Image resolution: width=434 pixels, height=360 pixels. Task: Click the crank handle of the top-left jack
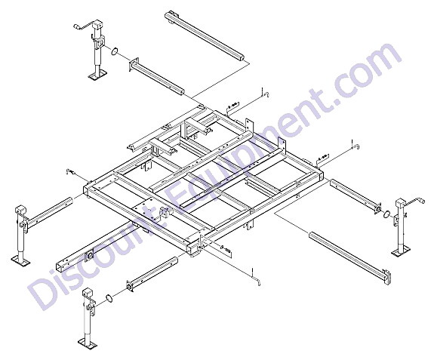pyautogui.click(x=83, y=26)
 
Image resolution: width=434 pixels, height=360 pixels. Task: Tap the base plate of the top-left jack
pyautogui.click(x=97, y=75)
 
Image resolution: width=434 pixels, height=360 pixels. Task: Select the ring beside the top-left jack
pyautogui.click(x=114, y=51)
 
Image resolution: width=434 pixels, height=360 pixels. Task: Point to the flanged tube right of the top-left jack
pyautogui.click(x=156, y=77)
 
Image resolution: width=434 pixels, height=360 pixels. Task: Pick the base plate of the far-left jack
pyautogui.click(x=21, y=260)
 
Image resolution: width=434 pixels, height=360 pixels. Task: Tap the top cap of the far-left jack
pyautogui.click(x=20, y=210)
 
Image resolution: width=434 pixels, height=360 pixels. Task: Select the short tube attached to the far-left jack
pyautogui.click(x=50, y=213)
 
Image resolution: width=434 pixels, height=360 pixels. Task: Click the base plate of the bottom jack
pyautogui.click(x=88, y=343)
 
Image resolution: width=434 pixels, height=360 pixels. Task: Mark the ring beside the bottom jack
pyautogui.click(x=109, y=299)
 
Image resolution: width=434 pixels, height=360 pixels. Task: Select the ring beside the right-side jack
pyautogui.click(x=386, y=214)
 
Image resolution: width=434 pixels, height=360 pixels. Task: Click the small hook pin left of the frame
pyautogui.click(x=70, y=172)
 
